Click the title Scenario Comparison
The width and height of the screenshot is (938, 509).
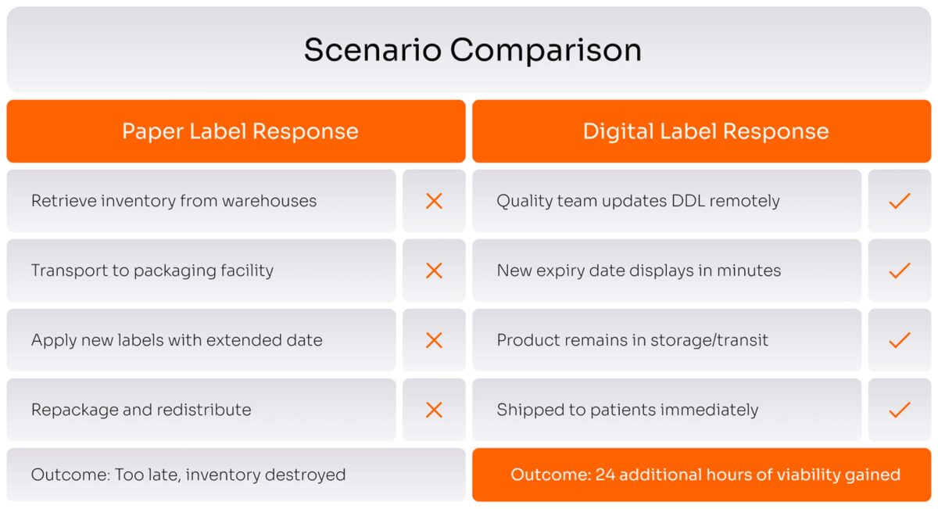pos(472,50)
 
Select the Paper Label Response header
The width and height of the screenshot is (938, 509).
pos(240,131)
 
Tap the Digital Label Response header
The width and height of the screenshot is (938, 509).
pos(705,131)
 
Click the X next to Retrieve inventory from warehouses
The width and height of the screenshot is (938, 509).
pos(434,201)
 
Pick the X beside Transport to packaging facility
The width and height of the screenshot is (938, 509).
pos(434,271)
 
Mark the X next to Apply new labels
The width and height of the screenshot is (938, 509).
pos(434,340)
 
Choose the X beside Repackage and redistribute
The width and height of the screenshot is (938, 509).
pos(434,410)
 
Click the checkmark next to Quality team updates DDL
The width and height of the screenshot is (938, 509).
pos(900,201)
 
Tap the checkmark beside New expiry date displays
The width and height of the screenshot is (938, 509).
pos(900,271)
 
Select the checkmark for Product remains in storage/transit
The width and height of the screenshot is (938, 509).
pos(900,340)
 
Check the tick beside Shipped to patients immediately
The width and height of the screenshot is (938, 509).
pos(900,410)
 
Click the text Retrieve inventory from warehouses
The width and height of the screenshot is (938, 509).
pos(174,201)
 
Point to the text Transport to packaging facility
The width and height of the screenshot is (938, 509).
pos(152,271)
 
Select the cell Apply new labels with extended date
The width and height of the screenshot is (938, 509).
pos(177,340)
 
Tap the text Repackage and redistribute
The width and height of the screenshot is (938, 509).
pos(141,410)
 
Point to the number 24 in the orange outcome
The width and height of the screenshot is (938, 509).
pos(605,475)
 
